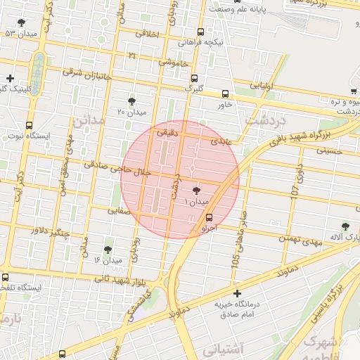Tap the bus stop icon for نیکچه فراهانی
coord(201,32)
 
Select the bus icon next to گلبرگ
coord(194,79)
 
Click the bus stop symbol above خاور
coord(225,94)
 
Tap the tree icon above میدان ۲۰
coord(131,102)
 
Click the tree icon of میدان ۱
coord(195,191)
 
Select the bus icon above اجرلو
coord(209,217)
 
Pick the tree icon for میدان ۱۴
coord(108,250)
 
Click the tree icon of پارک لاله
coord(345,226)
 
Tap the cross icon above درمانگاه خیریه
coord(237,293)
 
